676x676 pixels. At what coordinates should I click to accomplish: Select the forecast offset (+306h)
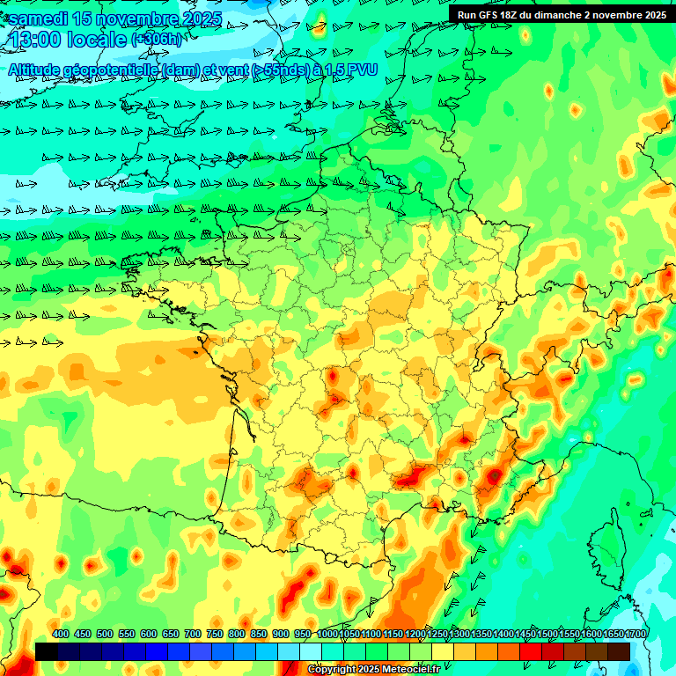157,40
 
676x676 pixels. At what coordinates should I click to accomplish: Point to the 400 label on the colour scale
61,634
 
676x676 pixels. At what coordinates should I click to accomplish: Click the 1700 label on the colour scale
636,634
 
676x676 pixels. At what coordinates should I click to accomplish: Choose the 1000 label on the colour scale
327,634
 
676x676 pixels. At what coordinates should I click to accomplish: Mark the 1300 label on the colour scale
459,634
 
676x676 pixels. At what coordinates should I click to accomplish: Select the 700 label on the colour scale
193,634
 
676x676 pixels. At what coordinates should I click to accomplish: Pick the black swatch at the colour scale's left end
47,651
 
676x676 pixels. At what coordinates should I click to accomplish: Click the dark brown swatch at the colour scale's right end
619,651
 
